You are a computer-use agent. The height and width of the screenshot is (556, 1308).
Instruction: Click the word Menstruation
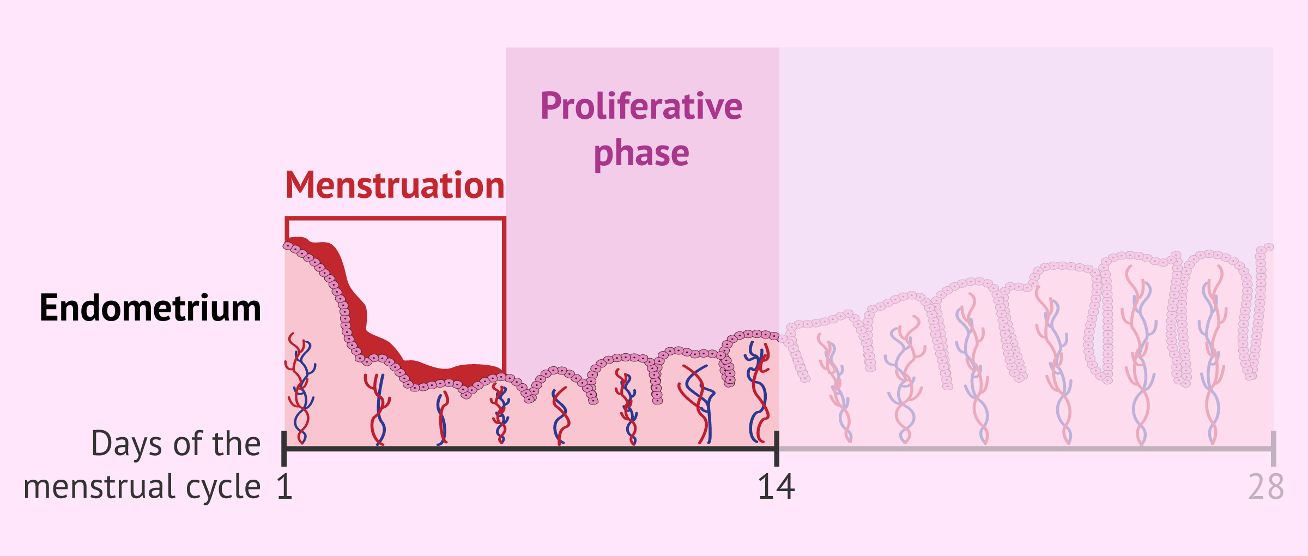pyautogui.click(x=395, y=185)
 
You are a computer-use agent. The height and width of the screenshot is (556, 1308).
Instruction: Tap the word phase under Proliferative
pyautogui.click(x=641, y=154)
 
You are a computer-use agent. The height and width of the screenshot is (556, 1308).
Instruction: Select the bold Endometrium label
pyautogui.click(x=150, y=308)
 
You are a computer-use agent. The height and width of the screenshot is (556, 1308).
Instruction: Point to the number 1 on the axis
pyautogui.click(x=284, y=487)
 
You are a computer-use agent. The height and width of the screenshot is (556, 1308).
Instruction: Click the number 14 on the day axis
pyautogui.click(x=776, y=487)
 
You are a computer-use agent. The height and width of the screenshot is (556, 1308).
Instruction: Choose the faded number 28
pyautogui.click(x=1265, y=487)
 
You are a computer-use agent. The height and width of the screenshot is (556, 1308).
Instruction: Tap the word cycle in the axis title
pyautogui.click(x=223, y=487)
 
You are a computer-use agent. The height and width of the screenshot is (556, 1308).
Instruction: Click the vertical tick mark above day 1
pyautogui.click(x=284, y=448)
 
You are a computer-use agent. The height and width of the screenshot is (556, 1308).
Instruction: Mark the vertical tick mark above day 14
pyautogui.click(x=777, y=448)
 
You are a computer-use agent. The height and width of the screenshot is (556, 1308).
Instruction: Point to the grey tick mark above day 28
pyautogui.click(x=1273, y=448)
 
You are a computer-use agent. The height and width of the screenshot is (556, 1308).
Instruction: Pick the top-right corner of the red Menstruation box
pyautogui.click(x=504, y=219)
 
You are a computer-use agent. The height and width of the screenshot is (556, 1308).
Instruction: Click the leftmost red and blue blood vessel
pyautogui.click(x=299, y=389)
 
